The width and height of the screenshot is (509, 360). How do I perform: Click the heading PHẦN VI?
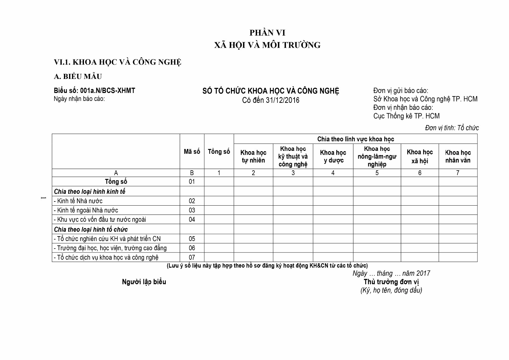267,33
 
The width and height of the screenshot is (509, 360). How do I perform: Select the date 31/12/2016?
283,101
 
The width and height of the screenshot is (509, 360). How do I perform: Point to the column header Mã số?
192,152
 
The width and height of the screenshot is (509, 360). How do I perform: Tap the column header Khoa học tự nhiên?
253,156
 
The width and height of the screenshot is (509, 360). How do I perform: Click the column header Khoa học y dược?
333,156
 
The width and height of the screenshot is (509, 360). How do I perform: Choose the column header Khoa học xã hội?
420,156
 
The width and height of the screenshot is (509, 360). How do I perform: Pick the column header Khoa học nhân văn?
458,156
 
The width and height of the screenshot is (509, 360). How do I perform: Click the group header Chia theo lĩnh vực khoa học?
355,139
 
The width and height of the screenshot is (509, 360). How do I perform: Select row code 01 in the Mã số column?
192,182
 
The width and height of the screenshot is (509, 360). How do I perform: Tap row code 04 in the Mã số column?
192,220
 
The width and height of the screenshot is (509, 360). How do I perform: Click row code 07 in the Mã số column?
192,257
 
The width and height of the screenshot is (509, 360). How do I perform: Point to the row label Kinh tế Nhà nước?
80,201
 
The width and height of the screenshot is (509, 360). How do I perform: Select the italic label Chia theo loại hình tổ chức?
91,229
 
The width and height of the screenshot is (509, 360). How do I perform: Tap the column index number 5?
377,173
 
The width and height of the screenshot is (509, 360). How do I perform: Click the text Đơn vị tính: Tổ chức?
452,128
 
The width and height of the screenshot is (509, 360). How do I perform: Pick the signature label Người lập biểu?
144,282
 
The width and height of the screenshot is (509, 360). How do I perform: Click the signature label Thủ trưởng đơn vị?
391,282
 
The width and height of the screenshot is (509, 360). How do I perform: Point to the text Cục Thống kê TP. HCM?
406,116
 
